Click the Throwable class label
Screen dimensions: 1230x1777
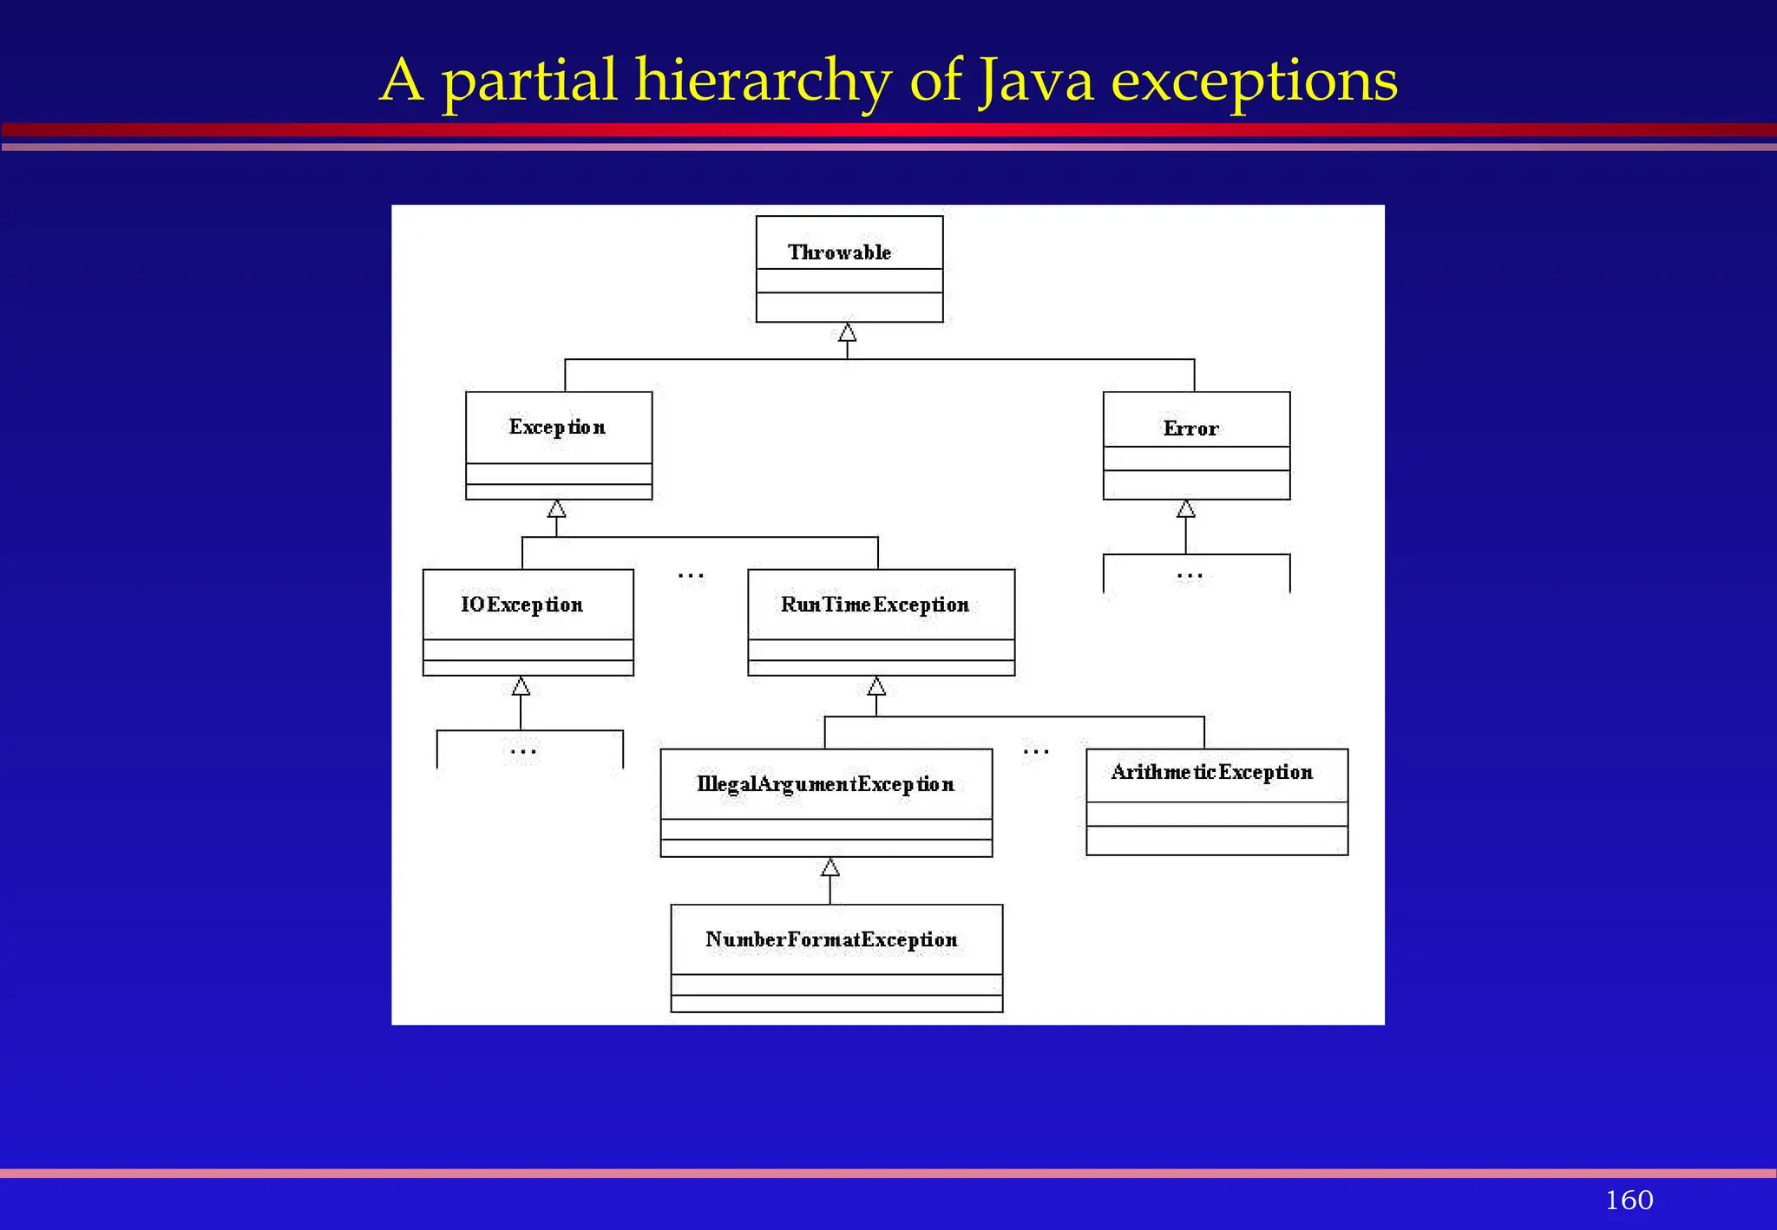(839, 252)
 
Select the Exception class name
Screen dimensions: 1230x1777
(557, 428)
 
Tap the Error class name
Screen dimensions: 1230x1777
(1190, 429)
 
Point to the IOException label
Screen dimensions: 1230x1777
(521, 605)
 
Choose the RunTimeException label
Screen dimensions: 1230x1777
(875, 605)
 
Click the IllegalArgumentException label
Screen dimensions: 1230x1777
(825, 784)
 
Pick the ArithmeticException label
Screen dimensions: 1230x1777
(1211, 772)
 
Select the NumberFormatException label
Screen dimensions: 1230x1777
(831, 939)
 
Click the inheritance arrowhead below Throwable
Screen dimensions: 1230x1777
(848, 333)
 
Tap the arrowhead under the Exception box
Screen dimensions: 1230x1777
(557, 509)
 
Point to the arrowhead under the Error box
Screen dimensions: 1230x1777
(1186, 509)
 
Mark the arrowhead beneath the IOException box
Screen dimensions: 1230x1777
(521, 687)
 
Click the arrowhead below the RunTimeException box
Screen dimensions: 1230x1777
(876, 687)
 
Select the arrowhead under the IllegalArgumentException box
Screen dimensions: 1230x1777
(830, 867)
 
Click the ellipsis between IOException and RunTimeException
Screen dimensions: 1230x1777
(691, 575)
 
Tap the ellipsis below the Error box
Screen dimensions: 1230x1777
(1190, 575)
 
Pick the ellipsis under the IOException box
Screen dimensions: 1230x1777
(523, 751)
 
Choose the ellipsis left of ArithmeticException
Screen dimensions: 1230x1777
(1036, 751)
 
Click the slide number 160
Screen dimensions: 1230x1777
(1629, 1200)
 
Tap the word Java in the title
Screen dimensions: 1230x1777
(1036, 80)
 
